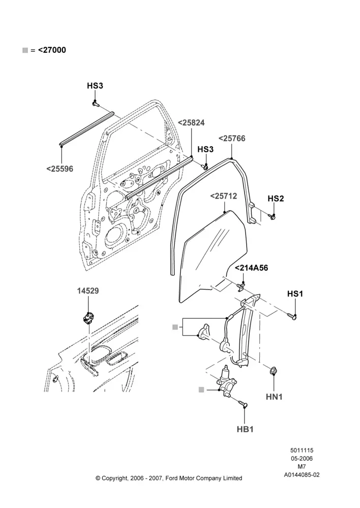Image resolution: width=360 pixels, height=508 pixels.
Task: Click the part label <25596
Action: [x=60, y=169]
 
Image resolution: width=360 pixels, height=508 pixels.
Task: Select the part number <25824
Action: [x=191, y=123]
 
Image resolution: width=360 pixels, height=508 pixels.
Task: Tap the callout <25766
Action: [x=232, y=138]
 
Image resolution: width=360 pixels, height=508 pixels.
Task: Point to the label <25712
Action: [x=223, y=196]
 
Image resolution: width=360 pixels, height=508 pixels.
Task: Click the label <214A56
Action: [x=251, y=268]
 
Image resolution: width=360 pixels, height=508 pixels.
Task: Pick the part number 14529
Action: [x=88, y=291]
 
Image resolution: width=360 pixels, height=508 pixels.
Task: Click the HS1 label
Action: [x=295, y=294]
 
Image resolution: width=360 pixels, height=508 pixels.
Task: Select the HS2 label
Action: [x=276, y=199]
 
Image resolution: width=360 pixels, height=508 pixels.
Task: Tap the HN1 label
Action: [x=275, y=397]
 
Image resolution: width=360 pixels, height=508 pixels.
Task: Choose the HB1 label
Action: [x=245, y=429]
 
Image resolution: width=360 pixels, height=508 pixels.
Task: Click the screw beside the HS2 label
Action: [x=272, y=216]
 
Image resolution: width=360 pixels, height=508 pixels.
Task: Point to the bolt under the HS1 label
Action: [x=292, y=315]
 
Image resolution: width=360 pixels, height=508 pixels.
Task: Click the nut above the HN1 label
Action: [x=274, y=370]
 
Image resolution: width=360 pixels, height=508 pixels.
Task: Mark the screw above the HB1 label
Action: [x=243, y=404]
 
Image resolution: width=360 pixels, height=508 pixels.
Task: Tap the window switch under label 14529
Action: [x=87, y=317]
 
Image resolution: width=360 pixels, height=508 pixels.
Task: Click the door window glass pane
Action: [x=213, y=256]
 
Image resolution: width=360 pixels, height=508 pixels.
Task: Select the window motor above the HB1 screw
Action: [x=226, y=383]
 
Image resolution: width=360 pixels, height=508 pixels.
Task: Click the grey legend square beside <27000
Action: [x=25, y=50]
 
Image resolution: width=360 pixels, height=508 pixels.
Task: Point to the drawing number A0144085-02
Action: [x=302, y=475]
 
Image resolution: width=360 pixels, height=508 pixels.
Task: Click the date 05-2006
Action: [x=302, y=458]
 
